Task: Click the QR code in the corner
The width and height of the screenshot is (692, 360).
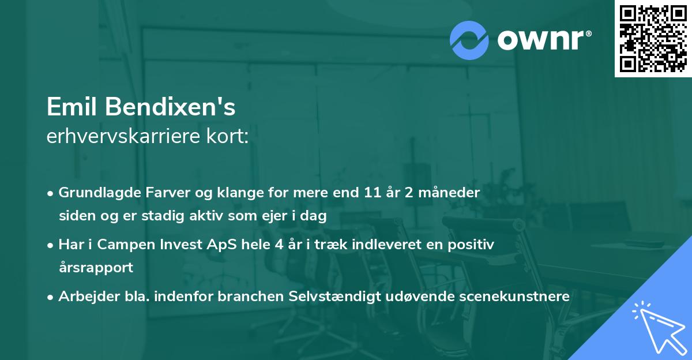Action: click(x=653, y=39)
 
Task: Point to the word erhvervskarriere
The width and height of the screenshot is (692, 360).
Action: click(x=124, y=136)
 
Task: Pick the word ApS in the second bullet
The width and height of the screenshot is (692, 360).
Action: click(x=193, y=244)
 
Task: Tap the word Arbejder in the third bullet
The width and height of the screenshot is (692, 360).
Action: click(x=82, y=296)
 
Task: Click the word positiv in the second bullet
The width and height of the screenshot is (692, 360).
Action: click(x=474, y=244)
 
